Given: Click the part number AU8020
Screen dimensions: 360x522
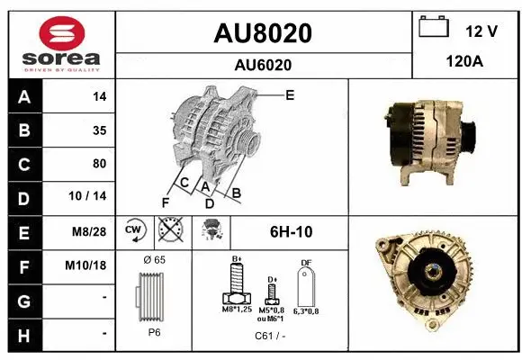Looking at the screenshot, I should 262,33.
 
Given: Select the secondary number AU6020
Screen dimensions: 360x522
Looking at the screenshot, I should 262,65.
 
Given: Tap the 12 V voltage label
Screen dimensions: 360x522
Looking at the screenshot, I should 481,31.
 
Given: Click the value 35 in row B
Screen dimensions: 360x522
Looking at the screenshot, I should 99,130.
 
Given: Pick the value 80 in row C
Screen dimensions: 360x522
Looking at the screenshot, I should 99,164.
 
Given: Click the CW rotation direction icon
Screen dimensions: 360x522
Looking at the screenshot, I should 135,230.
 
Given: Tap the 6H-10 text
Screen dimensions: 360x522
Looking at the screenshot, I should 291,231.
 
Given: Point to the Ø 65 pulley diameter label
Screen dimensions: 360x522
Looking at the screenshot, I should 154,259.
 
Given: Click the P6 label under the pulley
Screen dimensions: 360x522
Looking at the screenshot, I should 154,330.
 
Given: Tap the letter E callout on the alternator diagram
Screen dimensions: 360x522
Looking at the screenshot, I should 290,94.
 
